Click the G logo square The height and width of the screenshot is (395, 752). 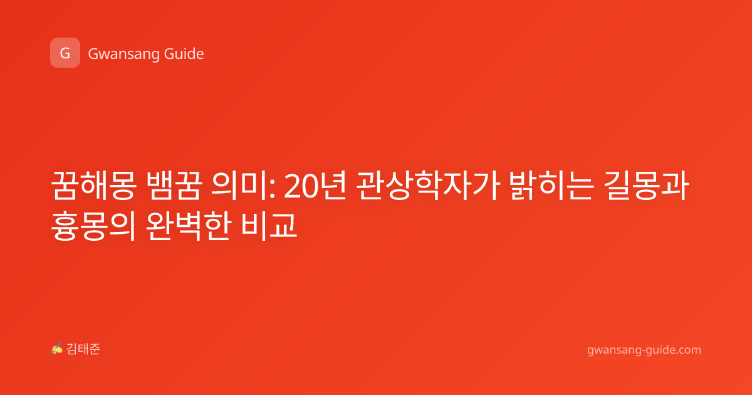(65, 53)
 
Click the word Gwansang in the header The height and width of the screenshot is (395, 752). (123, 54)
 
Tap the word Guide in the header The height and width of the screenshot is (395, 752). (184, 53)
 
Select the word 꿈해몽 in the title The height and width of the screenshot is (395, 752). (93, 186)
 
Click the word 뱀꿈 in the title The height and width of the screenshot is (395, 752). (175, 186)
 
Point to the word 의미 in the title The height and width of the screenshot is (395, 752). (240, 186)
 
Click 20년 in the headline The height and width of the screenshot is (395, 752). (315, 186)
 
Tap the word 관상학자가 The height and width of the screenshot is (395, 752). (428, 186)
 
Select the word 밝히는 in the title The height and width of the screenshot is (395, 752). (551, 186)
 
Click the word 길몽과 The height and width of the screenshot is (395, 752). (647, 186)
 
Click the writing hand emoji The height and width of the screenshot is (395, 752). (57, 349)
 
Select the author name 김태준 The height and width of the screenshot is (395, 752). (83, 349)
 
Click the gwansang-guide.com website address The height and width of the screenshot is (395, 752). (644, 350)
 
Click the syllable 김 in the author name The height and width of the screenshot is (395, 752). (72, 349)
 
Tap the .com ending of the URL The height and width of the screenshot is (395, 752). (687, 350)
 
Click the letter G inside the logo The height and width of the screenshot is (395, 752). (65, 53)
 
